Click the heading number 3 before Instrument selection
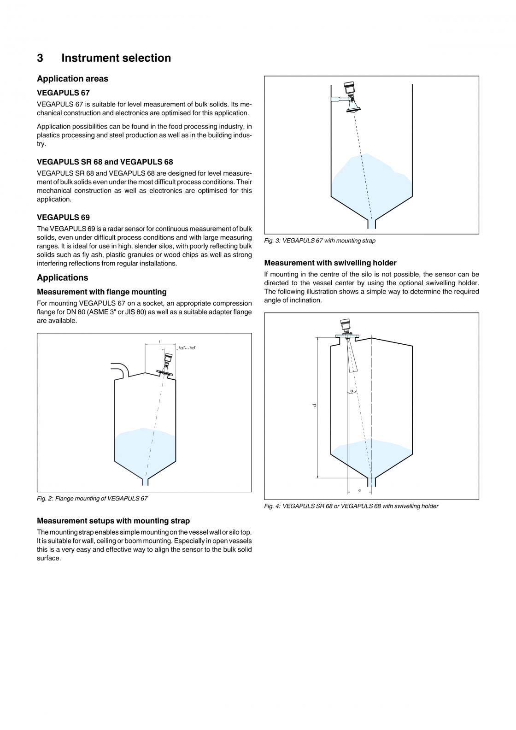click(40, 58)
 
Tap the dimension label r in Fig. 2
click(159, 341)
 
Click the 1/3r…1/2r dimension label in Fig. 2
click(187, 347)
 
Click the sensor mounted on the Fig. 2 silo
click(167, 363)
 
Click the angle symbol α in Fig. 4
click(352, 391)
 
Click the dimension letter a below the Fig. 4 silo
click(359, 490)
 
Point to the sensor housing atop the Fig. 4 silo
click(345, 327)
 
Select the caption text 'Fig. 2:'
click(45, 499)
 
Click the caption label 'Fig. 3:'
click(272, 241)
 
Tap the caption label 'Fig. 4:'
click(272, 506)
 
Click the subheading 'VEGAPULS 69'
click(63, 218)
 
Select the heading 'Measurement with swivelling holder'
click(330, 263)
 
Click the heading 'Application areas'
click(72, 79)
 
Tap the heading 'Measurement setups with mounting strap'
click(113, 521)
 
